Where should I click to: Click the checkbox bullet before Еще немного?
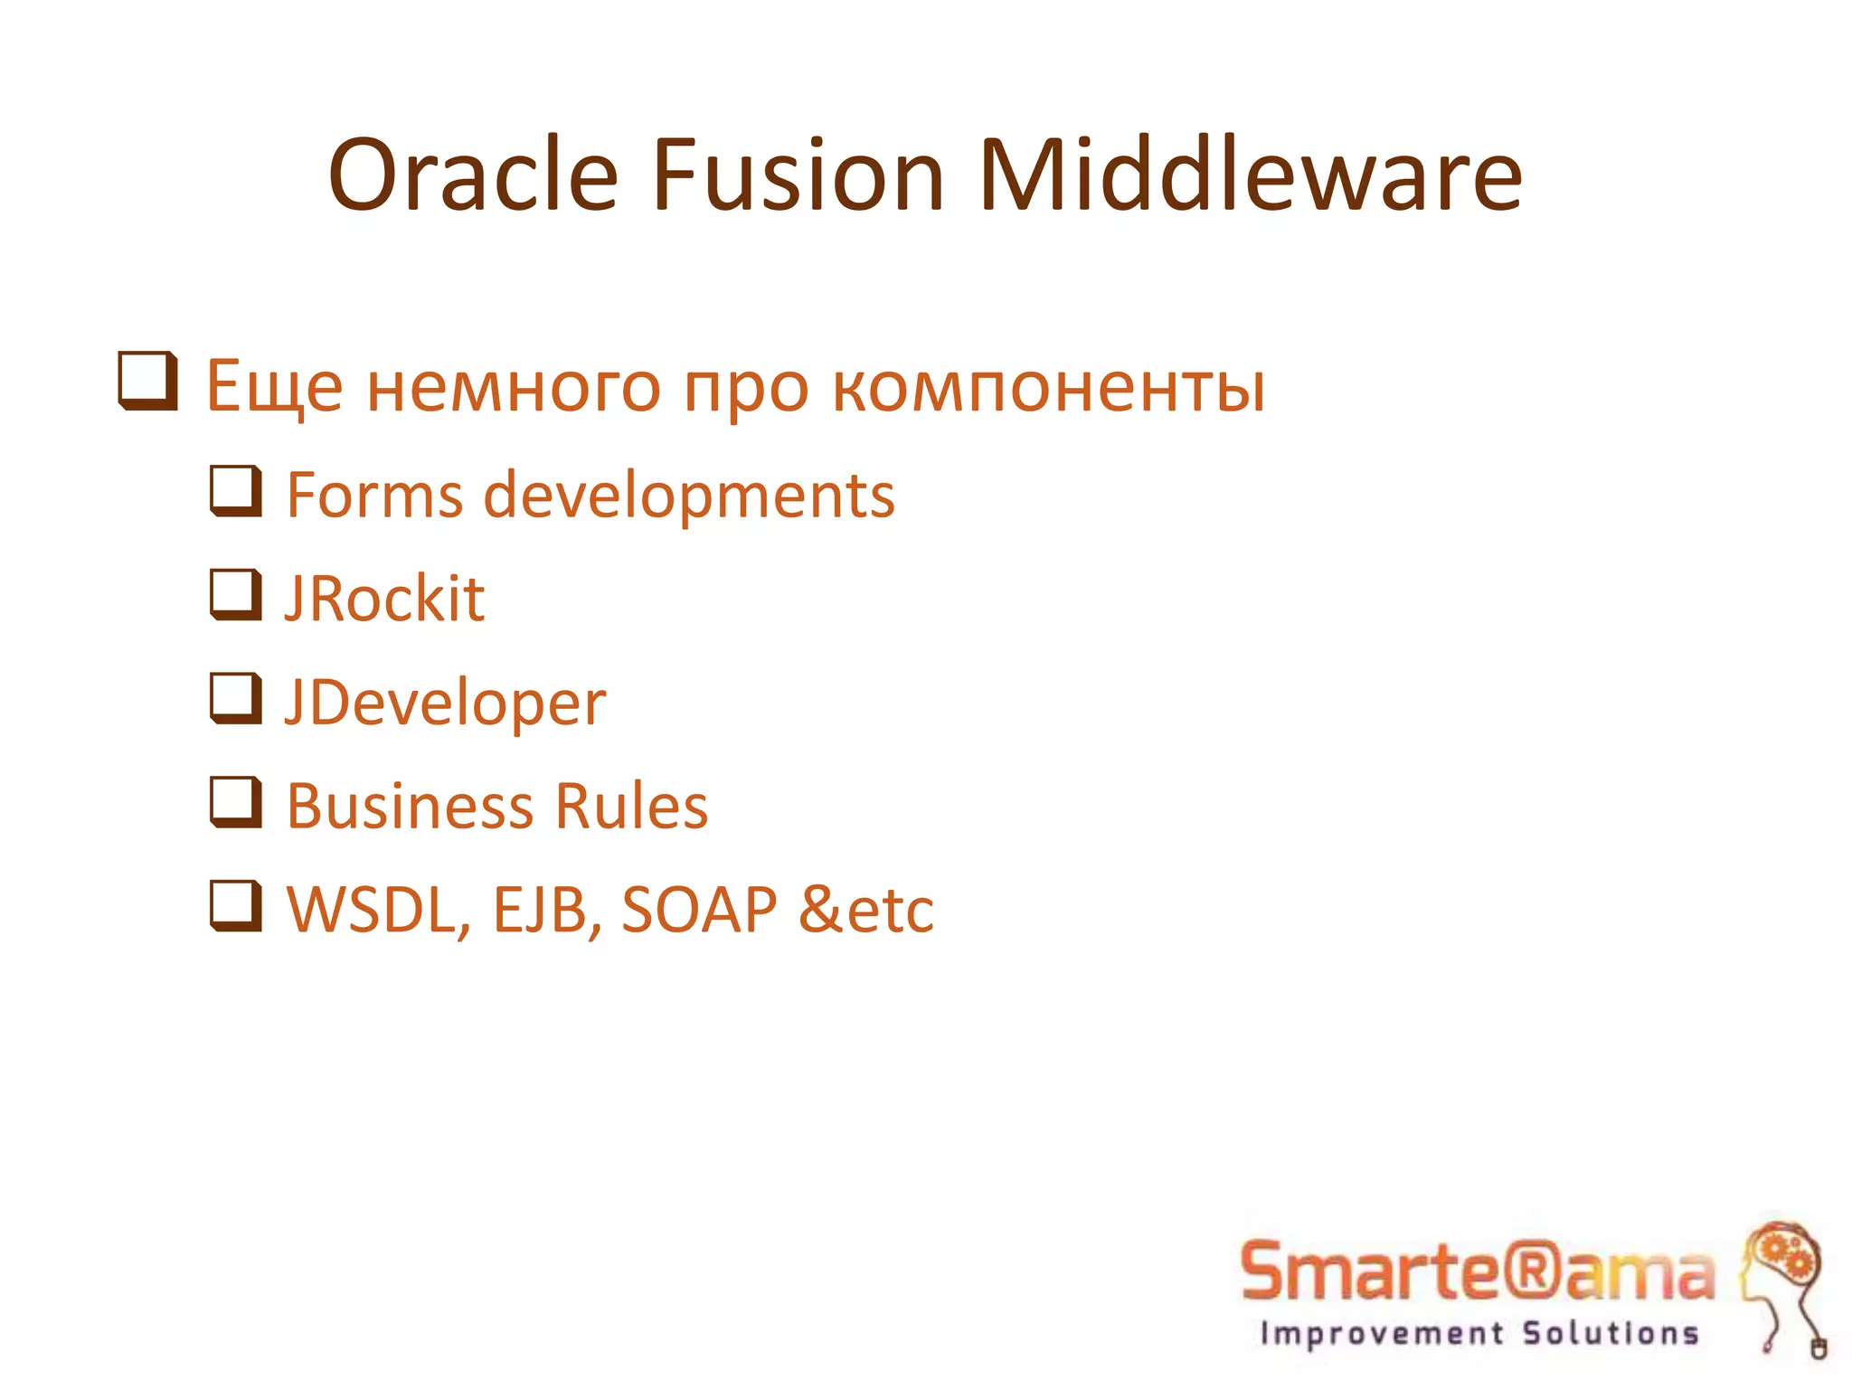coord(147,381)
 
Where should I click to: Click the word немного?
coord(513,387)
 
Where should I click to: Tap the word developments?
coord(689,497)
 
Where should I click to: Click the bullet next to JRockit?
coord(236,594)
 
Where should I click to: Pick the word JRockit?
coord(385,599)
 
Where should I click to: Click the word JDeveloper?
coord(445,704)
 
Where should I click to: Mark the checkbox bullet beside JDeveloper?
coord(236,698)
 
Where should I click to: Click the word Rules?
coord(631,806)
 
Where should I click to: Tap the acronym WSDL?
coord(377,910)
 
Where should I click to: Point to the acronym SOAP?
coord(698,910)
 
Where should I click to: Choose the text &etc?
coord(865,910)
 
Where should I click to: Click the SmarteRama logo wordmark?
coord(1477,1271)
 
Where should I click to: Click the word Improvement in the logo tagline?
coord(1382,1334)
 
